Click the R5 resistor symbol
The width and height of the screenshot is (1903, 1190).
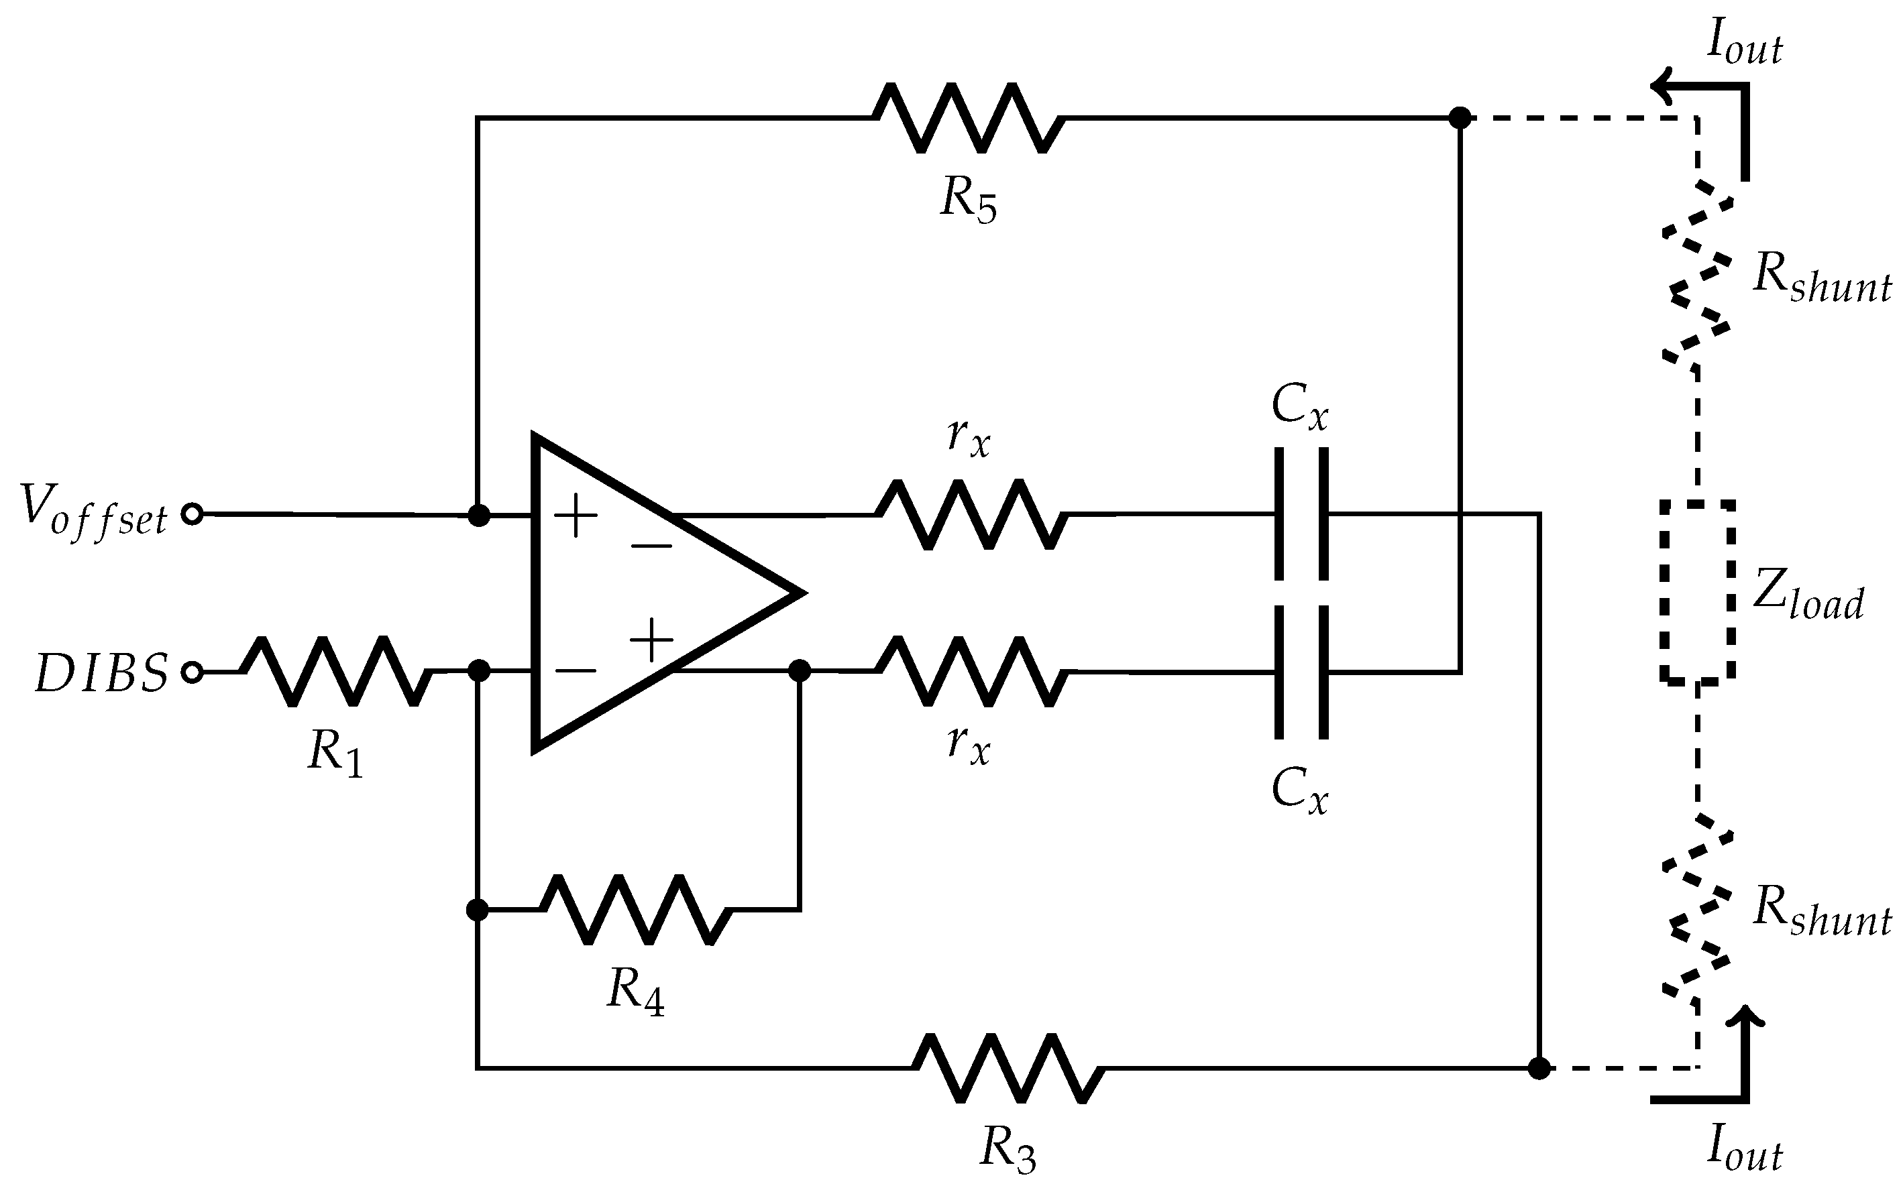(969, 118)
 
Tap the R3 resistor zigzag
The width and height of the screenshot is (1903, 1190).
(1008, 1068)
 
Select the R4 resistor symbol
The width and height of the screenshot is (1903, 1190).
(636, 910)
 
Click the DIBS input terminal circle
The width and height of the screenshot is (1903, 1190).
(192, 672)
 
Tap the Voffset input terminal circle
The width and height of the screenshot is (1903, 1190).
(192, 515)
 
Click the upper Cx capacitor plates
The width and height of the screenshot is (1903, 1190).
(1301, 514)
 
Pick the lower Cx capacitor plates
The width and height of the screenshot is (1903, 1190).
(1301, 671)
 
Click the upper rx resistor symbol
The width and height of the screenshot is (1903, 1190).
(971, 514)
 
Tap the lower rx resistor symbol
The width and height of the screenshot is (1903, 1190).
(971, 671)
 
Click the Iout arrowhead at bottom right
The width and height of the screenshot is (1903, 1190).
(1745, 1019)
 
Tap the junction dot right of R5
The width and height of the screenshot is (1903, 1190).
(1460, 118)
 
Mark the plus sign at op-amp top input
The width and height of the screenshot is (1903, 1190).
(576, 516)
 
